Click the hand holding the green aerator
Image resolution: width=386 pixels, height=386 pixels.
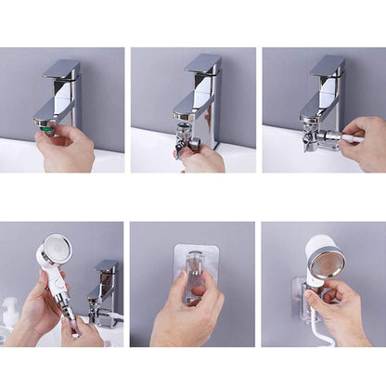point(70,151)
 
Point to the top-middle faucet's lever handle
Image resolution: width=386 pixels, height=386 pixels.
point(202,63)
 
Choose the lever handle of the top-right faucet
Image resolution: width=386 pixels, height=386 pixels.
point(328,65)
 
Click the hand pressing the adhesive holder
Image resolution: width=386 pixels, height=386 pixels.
point(186,320)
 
